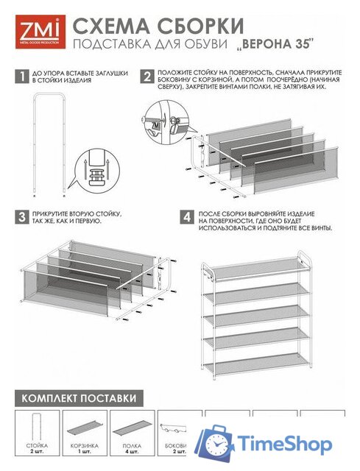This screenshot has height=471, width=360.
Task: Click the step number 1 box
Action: pos(19,77)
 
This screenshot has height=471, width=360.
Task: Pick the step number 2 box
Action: pos(147,77)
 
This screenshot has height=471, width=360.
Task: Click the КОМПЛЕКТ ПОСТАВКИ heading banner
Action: pos(77,397)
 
